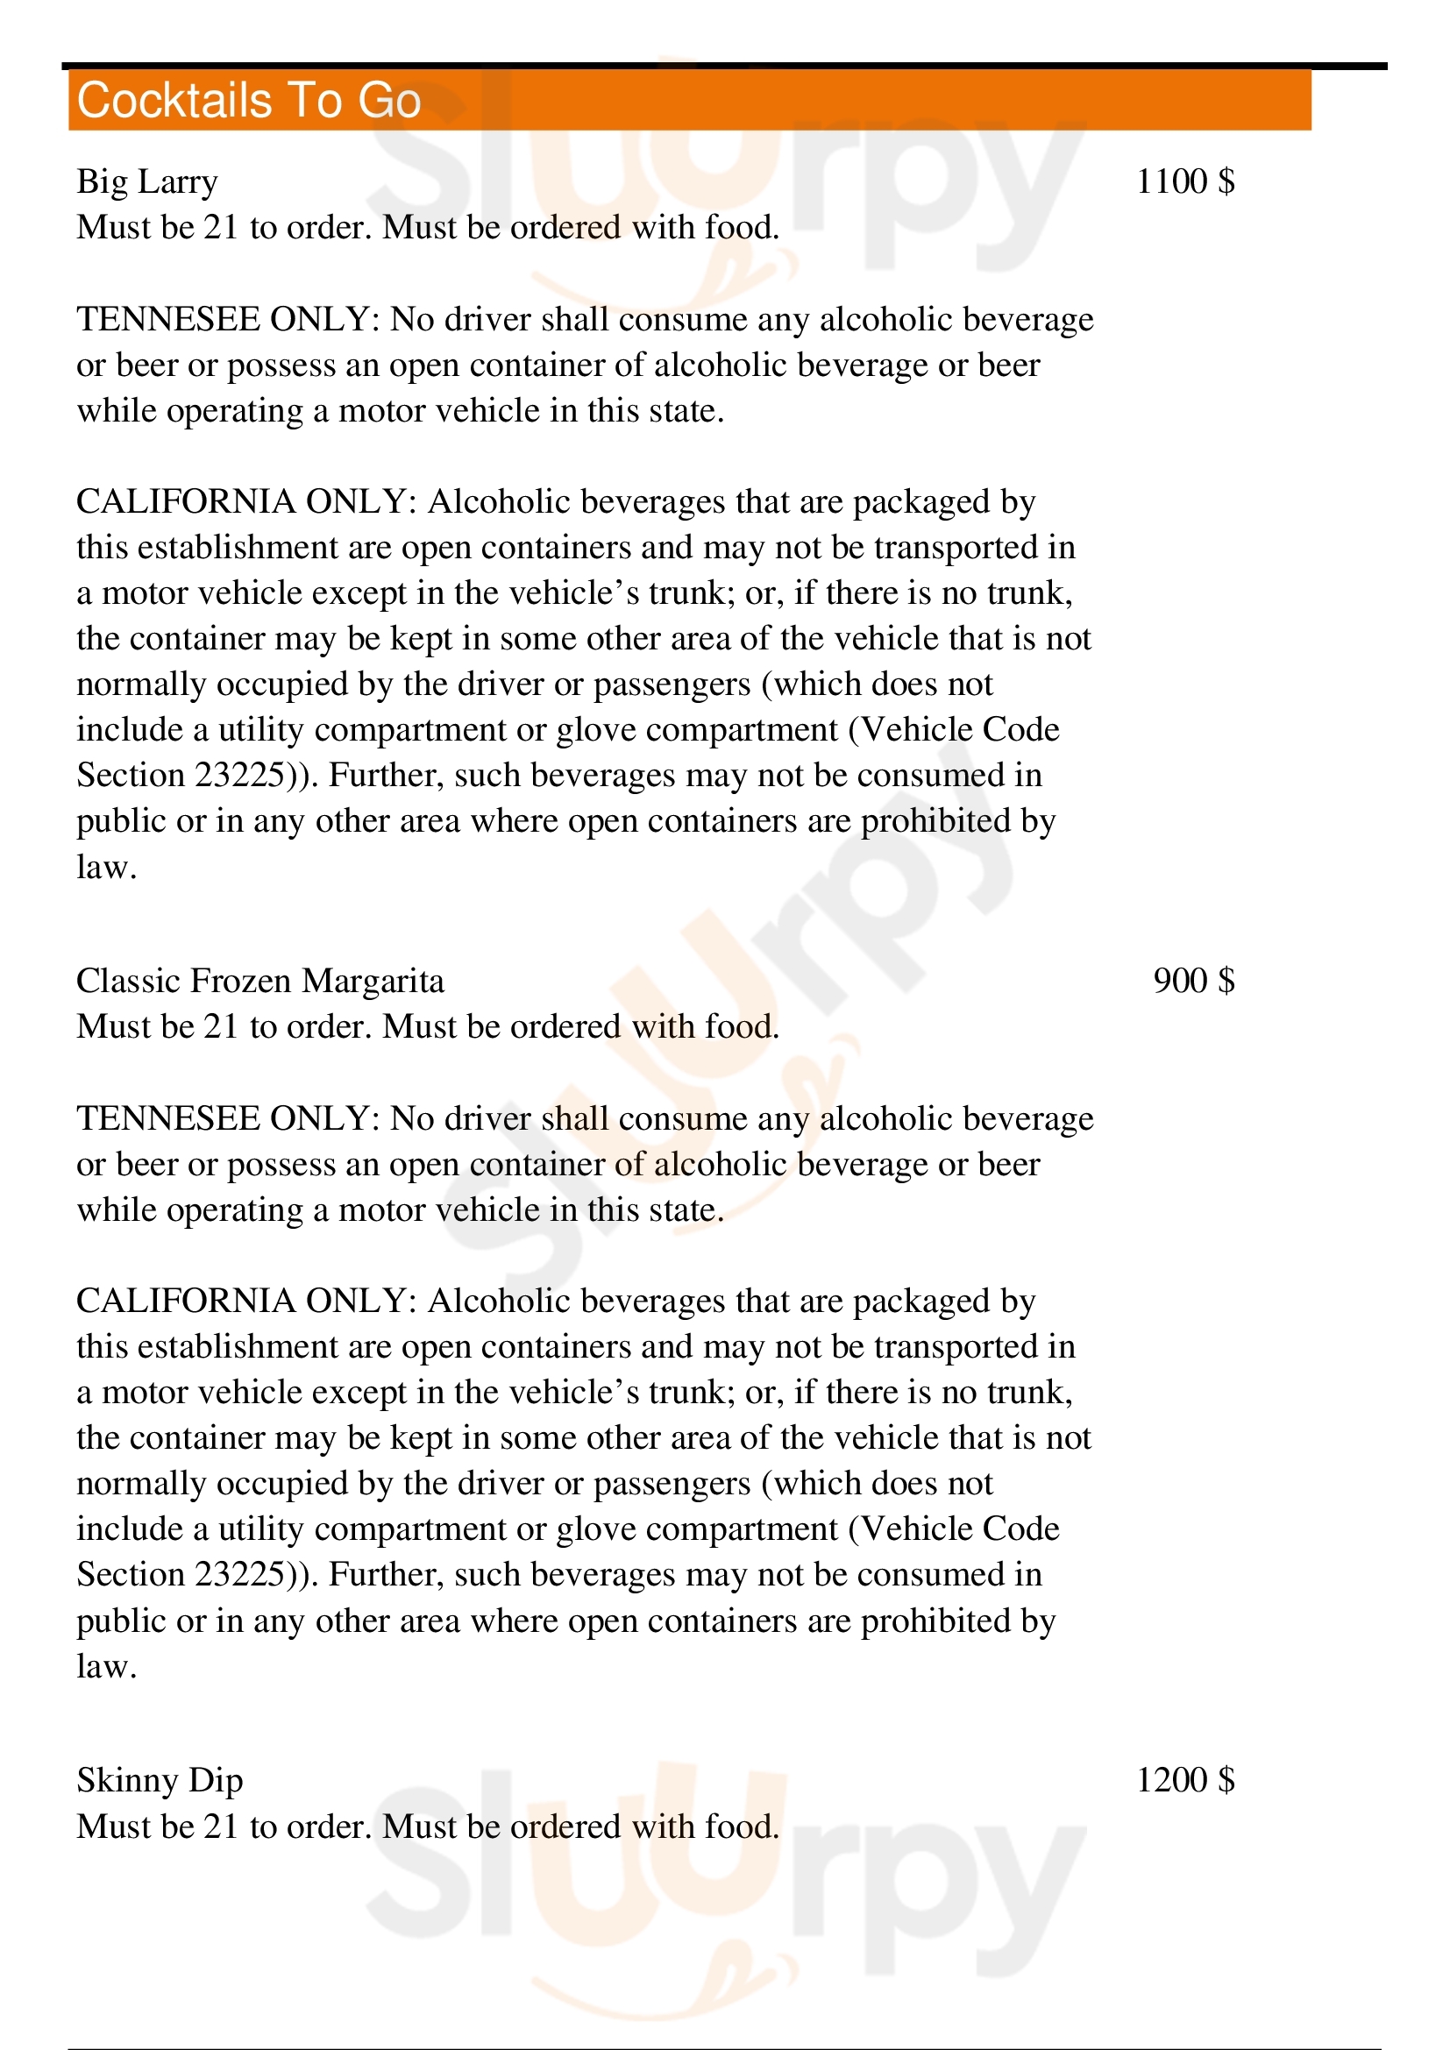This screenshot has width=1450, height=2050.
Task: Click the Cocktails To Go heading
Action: point(248,100)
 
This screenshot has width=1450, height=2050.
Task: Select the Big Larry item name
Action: point(147,182)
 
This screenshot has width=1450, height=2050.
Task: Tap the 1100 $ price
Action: point(1185,182)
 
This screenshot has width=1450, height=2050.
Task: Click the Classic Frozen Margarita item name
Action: point(259,982)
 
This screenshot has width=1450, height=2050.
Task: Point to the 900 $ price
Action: point(1194,982)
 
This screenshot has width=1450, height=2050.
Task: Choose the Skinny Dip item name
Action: point(160,1780)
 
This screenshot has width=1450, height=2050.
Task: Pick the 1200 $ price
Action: point(1185,1780)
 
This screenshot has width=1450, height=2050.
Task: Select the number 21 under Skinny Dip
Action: point(221,1827)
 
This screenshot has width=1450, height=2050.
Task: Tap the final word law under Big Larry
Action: point(105,867)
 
